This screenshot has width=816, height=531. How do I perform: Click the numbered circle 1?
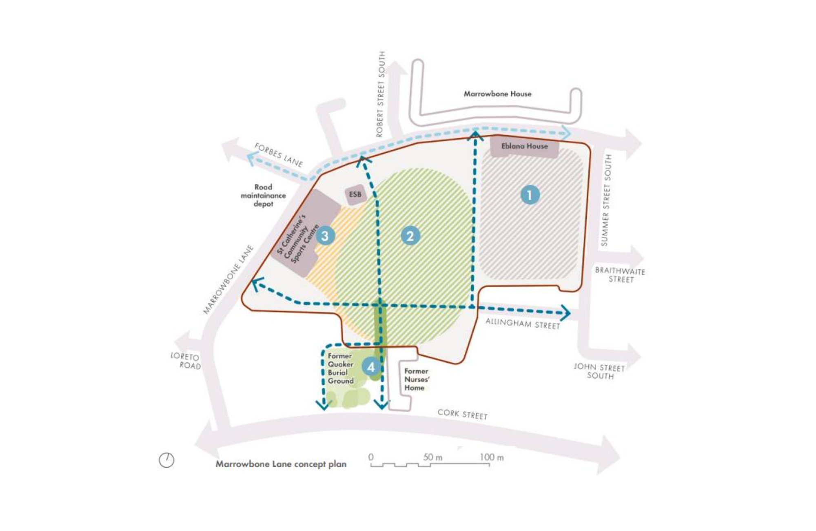point(530,195)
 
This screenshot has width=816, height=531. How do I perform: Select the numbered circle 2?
point(410,236)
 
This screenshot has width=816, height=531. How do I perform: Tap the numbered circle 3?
point(325,236)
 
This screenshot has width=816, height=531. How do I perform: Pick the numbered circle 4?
point(371,367)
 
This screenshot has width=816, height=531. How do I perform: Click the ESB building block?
point(355,194)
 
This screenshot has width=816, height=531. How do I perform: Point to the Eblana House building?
point(524,147)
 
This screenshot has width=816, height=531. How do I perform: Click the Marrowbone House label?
point(497,94)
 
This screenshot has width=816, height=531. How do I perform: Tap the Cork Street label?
point(462,414)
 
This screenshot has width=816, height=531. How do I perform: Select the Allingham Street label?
point(522,324)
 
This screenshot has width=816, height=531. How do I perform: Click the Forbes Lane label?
point(279,155)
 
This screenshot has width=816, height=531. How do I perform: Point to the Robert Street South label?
point(381,94)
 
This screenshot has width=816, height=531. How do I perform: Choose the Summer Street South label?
point(606,200)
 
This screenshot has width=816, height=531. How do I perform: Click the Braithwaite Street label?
point(620,275)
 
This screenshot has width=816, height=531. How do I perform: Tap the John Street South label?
point(599,371)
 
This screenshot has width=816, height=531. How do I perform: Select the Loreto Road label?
point(186,361)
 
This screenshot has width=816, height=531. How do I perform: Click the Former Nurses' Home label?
point(417,379)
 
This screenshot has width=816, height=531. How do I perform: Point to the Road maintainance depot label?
point(263,195)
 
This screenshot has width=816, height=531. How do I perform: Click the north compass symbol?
point(166,460)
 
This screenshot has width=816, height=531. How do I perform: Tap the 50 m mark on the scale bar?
point(432,457)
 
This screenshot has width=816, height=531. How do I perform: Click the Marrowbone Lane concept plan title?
point(281,464)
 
